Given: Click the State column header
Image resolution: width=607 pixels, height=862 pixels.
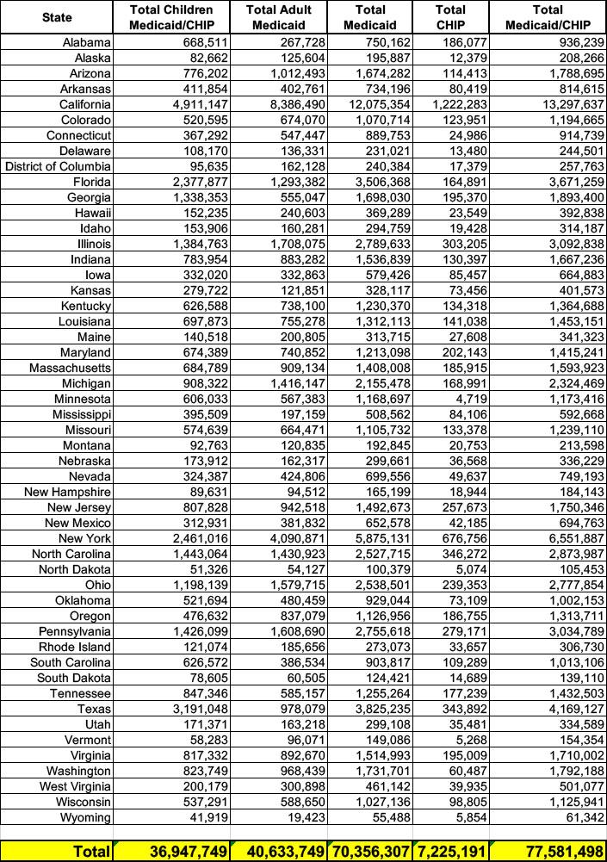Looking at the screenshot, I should point(57,16).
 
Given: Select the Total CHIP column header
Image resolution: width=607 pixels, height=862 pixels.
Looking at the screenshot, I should point(450,16).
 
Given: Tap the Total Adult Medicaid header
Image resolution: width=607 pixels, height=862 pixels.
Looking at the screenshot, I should point(277,16).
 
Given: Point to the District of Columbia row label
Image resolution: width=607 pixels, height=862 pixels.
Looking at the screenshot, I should point(58,166).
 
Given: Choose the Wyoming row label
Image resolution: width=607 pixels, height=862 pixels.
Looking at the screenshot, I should point(87,817).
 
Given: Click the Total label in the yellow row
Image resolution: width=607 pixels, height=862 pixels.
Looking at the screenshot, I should point(91,852).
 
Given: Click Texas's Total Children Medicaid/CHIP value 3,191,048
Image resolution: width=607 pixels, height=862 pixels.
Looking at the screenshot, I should point(197,709).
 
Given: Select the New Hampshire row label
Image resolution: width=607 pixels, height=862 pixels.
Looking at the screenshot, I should point(67,492).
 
